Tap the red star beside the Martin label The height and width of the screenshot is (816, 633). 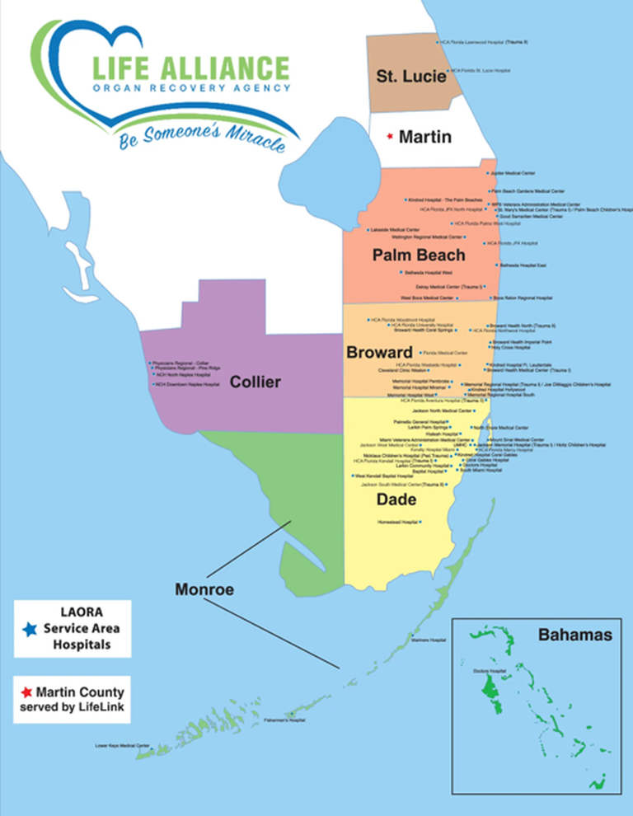[x=390, y=137]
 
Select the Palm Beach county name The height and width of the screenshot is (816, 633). [x=419, y=255]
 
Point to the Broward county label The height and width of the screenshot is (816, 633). [x=378, y=353]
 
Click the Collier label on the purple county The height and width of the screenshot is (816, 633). [x=256, y=382]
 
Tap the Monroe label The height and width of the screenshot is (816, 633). [x=204, y=589]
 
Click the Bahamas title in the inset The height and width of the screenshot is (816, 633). [x=574, y=635]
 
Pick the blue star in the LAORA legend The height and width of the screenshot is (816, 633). [x=30, y=630]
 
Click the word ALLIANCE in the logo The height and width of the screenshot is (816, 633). [x=216, y=67]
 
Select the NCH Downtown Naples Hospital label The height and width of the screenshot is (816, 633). [x=189, y=384]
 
